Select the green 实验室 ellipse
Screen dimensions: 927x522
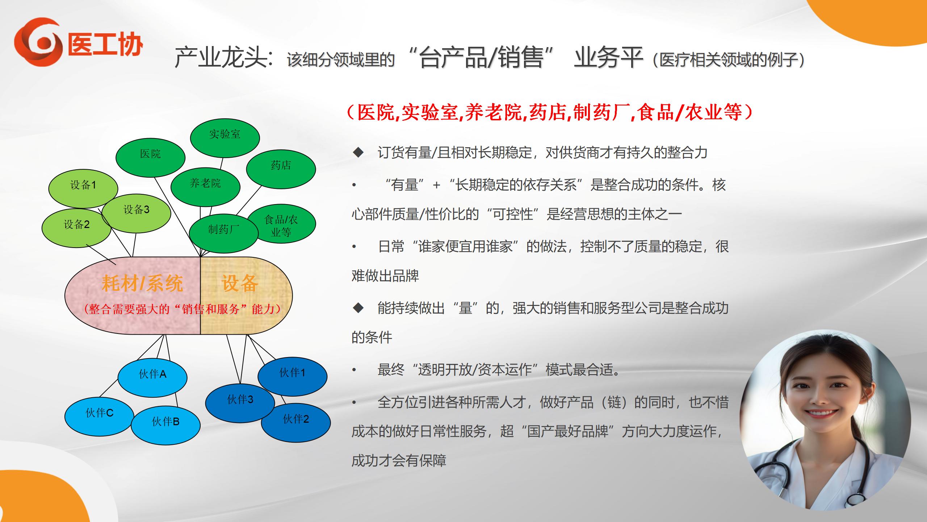[225, 138]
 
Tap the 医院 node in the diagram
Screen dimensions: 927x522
[150, 158]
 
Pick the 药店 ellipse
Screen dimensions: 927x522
[281, 169]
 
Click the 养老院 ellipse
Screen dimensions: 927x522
[205, 187]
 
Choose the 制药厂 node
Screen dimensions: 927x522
[224, 233]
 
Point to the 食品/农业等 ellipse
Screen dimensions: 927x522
[281, 224]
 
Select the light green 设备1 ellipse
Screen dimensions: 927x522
[83, 189]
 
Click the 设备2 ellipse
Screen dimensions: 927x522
[76, 228]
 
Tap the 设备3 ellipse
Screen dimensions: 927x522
[136, 213]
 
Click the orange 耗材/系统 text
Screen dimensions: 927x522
[142, 283]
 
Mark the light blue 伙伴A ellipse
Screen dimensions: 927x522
[152, 378]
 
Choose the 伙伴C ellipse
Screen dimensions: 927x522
[100, 417]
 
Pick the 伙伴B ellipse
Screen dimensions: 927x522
[165, 425]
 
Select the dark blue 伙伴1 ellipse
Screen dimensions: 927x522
[293, 376]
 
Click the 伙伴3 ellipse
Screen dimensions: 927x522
[240, 403]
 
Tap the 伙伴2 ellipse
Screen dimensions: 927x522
[296, 423]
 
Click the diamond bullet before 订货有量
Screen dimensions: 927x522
[358, 153]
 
